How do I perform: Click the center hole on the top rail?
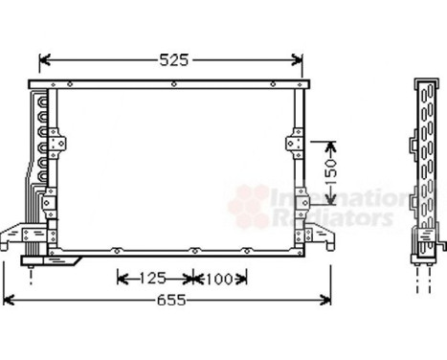pos(173,84)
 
